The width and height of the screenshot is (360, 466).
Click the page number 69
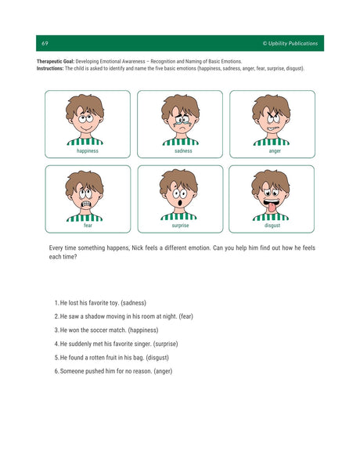(x=45, y=43)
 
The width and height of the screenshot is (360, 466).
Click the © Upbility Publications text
(x=290, y=43)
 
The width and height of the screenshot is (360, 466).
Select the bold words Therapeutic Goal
(x=55, y=61)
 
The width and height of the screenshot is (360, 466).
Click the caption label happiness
(x=87, y=151)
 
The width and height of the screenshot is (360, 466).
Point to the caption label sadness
(x=180, y=151)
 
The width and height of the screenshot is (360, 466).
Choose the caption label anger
(x=272, y=151)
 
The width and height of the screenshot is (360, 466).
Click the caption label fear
(x=87, y=226)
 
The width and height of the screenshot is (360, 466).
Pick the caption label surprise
(x=180, y=226)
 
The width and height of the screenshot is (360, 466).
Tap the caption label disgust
(x=272, y=226)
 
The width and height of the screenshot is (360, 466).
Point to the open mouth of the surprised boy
(x=179, y=203)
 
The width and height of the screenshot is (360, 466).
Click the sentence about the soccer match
(x=106, y=330)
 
